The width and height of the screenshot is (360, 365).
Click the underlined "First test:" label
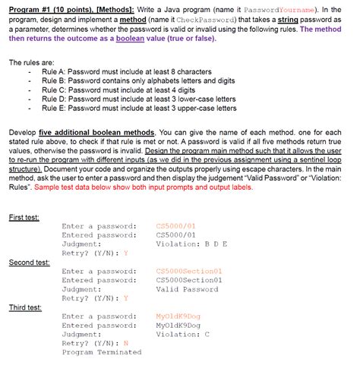coord(24,216)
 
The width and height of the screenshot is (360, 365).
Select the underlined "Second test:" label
coord(28,262)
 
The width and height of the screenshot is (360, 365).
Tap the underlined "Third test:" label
coord(25,307)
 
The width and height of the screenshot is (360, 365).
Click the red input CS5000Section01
coord(188,271)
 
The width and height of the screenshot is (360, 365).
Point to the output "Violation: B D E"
coord(191,244)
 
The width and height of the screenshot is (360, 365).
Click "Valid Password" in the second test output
coord(186,289)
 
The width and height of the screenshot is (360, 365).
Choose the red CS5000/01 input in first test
coord(175,225)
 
